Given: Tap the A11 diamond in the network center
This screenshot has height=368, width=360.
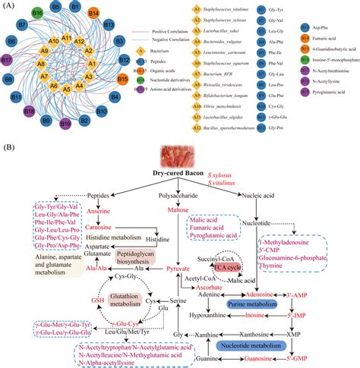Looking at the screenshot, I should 66,39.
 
